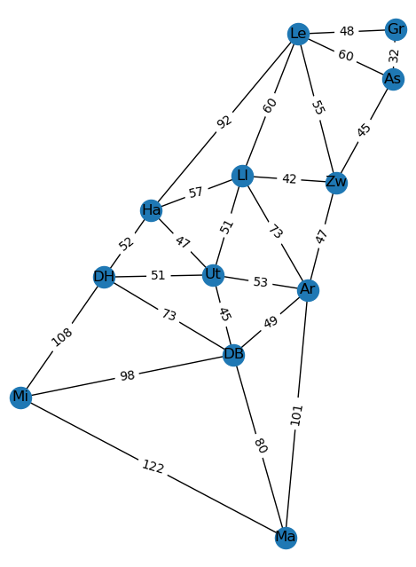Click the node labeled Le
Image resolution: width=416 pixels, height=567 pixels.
click(298, 34)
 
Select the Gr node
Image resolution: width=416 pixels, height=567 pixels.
click(396, 29)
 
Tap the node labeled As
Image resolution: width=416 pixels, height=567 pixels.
click(393, 79)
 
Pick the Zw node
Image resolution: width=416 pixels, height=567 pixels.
click(336, 183)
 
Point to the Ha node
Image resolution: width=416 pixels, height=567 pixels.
click(151, 210)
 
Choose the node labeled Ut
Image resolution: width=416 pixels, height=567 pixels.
click(213, 275)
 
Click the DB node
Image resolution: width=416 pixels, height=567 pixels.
click(233, 355)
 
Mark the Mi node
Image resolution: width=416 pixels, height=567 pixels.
click(20, 398)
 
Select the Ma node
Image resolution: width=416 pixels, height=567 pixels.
click(286, 538)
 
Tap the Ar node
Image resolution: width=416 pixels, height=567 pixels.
click(308, 290)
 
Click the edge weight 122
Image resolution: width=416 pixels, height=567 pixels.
click(153, 467)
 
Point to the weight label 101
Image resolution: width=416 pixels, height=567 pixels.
click(296, 415)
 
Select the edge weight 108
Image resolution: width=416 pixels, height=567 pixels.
click(62, 337)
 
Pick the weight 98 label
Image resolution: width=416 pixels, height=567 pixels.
click(127, 375)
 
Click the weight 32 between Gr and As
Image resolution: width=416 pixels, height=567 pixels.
click(395, 55)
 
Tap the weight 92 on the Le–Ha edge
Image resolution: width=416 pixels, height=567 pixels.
click(224, 122)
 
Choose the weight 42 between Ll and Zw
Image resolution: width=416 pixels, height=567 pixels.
click(289, 178)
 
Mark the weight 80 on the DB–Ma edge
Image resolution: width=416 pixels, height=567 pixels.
click(261, 445)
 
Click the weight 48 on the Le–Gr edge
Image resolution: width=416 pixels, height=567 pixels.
click(347, 31)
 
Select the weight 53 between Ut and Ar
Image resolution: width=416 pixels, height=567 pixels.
click(260, 282)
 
